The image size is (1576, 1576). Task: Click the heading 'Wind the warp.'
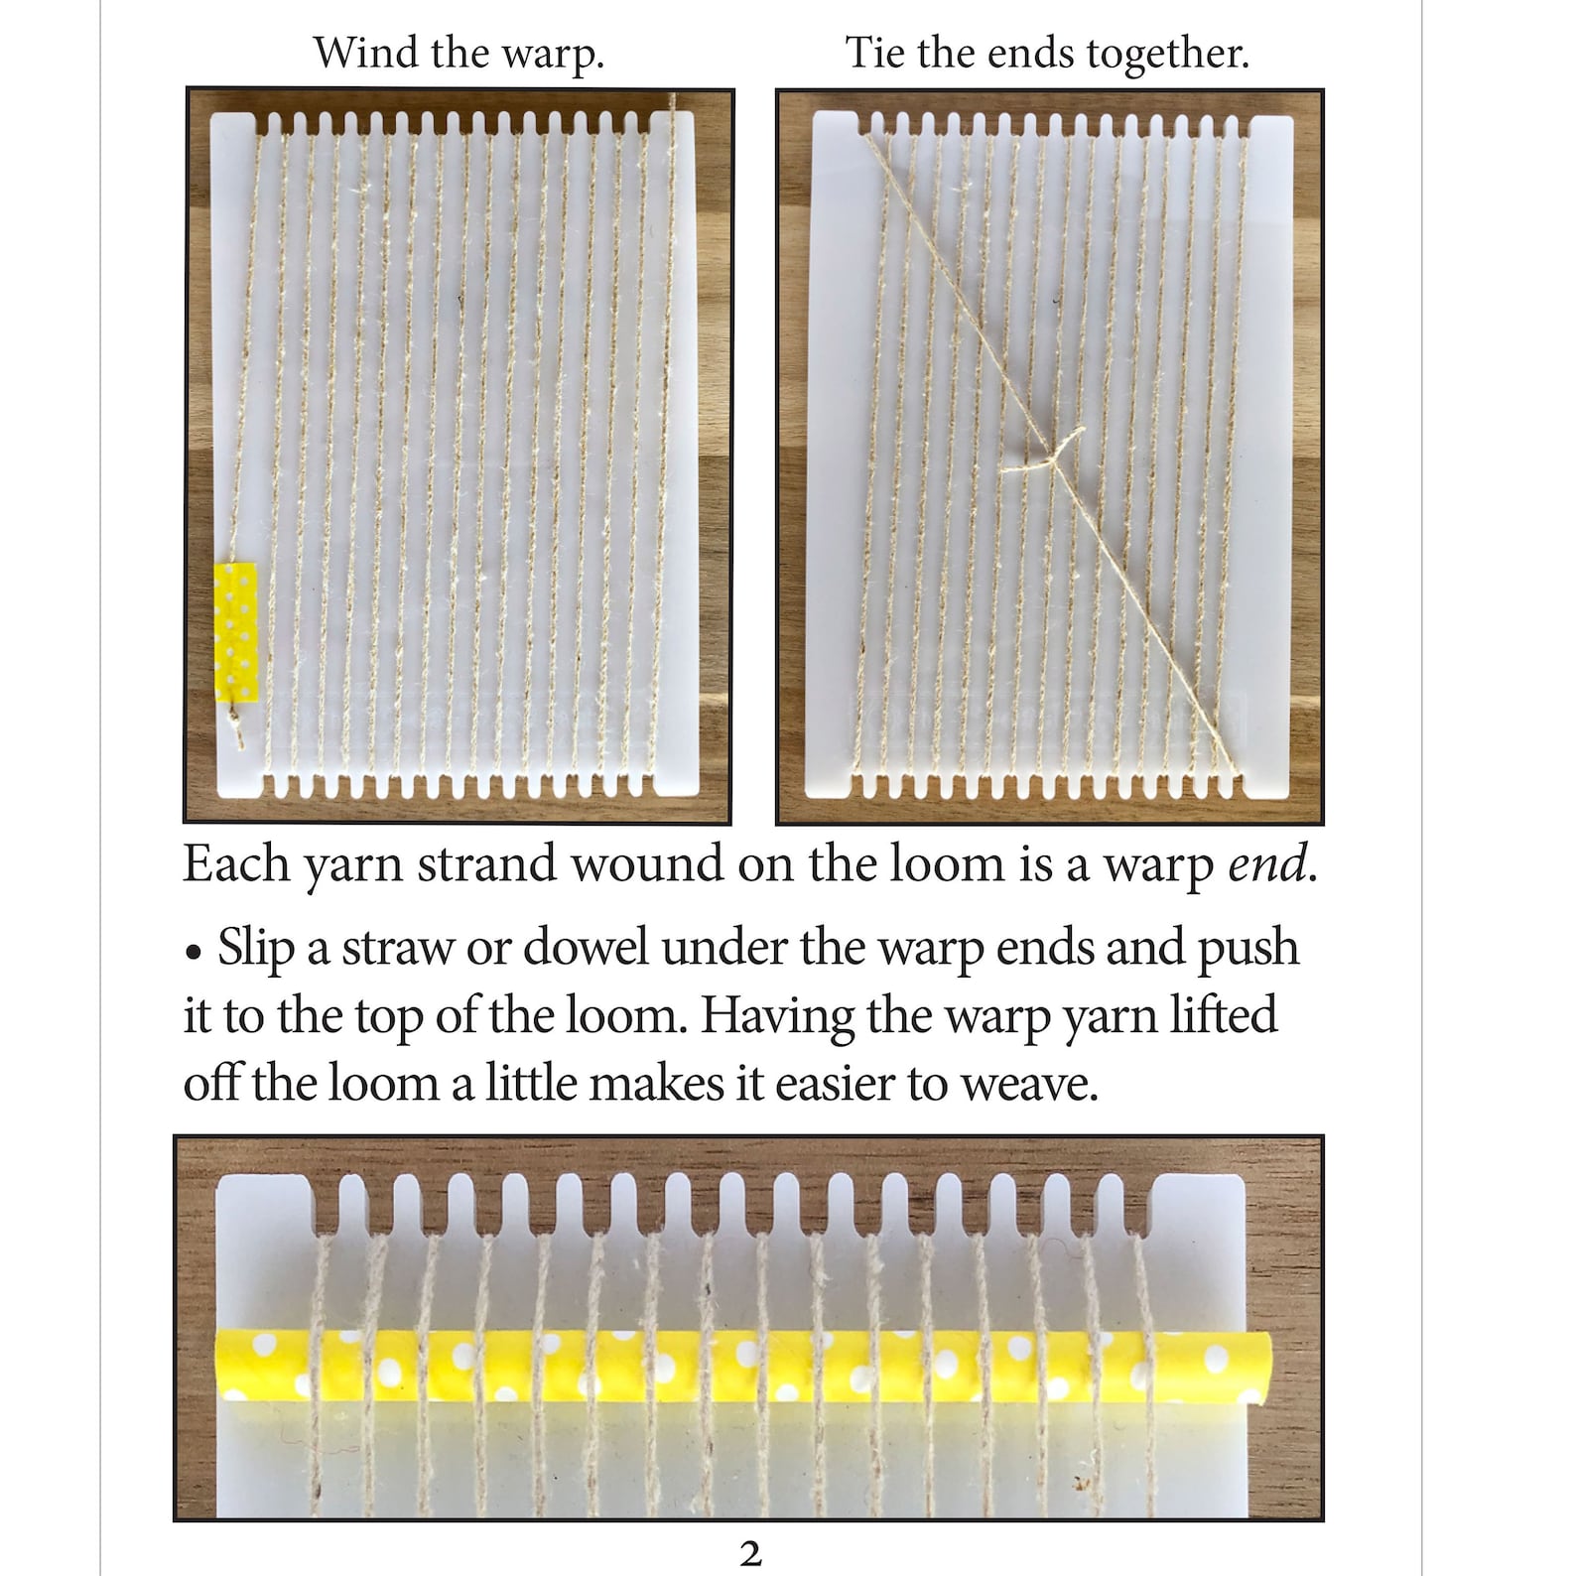pyautogui.click(x=459, y=54)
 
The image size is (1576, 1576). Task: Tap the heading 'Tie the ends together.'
pyautogui.click(x=1046, y=54)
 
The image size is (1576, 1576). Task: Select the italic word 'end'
pyautogui.click(x=1266, y=865)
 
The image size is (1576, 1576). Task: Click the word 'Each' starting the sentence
pyautogui.click(x=236, y=865)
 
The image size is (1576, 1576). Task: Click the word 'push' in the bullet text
pyautogui.click(x=1248, y=949)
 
